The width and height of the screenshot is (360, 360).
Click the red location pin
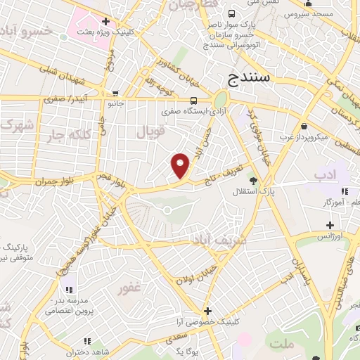(x=181, y=165)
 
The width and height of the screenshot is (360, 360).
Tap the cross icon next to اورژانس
(x=330, y=225)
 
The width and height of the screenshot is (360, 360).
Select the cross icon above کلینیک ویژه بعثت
(x=105, y=22)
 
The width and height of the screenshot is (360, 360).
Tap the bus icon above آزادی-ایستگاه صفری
(x=193, y=100)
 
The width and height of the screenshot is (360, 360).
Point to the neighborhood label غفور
(x=131, y=288)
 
